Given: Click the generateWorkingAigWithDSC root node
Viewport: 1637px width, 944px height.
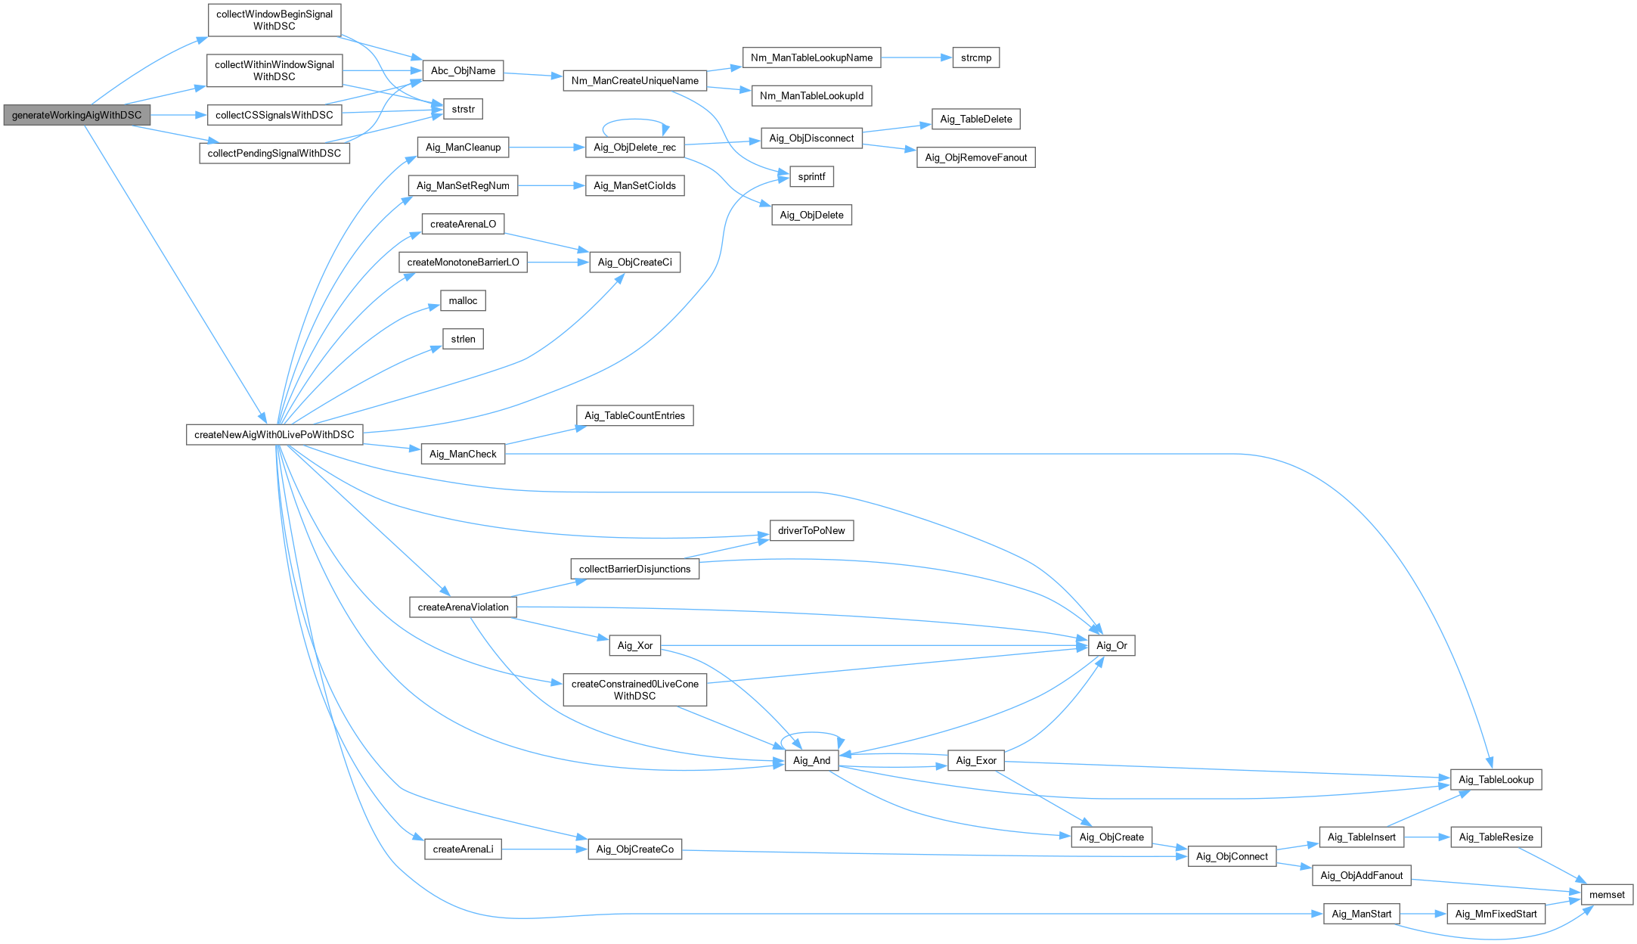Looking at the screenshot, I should click(76, 115).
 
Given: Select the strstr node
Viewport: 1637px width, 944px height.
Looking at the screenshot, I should click(463, 109).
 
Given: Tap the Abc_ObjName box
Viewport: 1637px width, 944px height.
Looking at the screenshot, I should click(463, 71).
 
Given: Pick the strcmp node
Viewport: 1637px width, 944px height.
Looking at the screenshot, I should click(975, 57).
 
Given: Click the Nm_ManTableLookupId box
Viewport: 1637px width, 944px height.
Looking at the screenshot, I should click(811, 95).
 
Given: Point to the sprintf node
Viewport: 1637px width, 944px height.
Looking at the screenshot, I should click(811, 177).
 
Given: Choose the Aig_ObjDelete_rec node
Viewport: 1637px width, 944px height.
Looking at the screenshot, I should click(634, 147).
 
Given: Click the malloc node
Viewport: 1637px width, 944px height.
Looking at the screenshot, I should click(463, 301).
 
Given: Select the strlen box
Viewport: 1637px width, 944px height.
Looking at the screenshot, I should click(463, 339).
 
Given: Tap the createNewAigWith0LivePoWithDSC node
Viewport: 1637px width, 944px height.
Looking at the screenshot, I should click(274, 435).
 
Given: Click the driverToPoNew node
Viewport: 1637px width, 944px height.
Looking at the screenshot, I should click(811, 531).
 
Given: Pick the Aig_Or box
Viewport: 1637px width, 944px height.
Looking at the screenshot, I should click(1111, 646).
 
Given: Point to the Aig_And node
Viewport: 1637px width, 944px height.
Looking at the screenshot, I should click(811, 761).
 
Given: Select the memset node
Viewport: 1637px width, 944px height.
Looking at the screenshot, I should click(1607, 895).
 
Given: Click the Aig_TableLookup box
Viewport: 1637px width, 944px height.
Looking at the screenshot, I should click(1496, 780).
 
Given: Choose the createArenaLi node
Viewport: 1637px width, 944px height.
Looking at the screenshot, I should click(463, 849).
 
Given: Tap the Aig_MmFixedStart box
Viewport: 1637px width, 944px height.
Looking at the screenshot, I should click(1496, 914).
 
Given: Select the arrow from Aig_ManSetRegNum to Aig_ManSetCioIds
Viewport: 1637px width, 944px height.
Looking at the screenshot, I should click(551, 186).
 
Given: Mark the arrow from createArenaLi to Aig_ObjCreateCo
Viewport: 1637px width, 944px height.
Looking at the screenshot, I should click(544, 849).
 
